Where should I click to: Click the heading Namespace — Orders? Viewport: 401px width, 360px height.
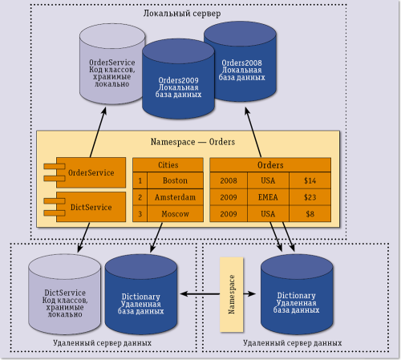click(x=192, y=141)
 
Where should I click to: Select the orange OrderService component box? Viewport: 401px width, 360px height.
click(x=88, y=172)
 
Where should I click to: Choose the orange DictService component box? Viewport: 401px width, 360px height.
click(x=88, y=206)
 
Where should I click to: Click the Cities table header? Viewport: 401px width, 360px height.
click(x=168, y=164)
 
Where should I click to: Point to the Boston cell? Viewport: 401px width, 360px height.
click(x=175, y=181)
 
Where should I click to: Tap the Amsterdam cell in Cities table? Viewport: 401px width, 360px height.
click(x=175, y=197)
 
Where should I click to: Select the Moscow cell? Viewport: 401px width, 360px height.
click(x=175, y=214)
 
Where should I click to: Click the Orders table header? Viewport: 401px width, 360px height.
click(x=269, y=164)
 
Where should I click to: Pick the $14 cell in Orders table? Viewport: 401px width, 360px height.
click(x=310, y=181)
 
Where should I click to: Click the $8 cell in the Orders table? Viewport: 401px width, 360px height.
click(x=310, y=214)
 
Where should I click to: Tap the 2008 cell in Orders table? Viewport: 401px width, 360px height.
click(x=229, y=181)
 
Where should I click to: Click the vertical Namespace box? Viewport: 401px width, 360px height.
click(x=230, y=295)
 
